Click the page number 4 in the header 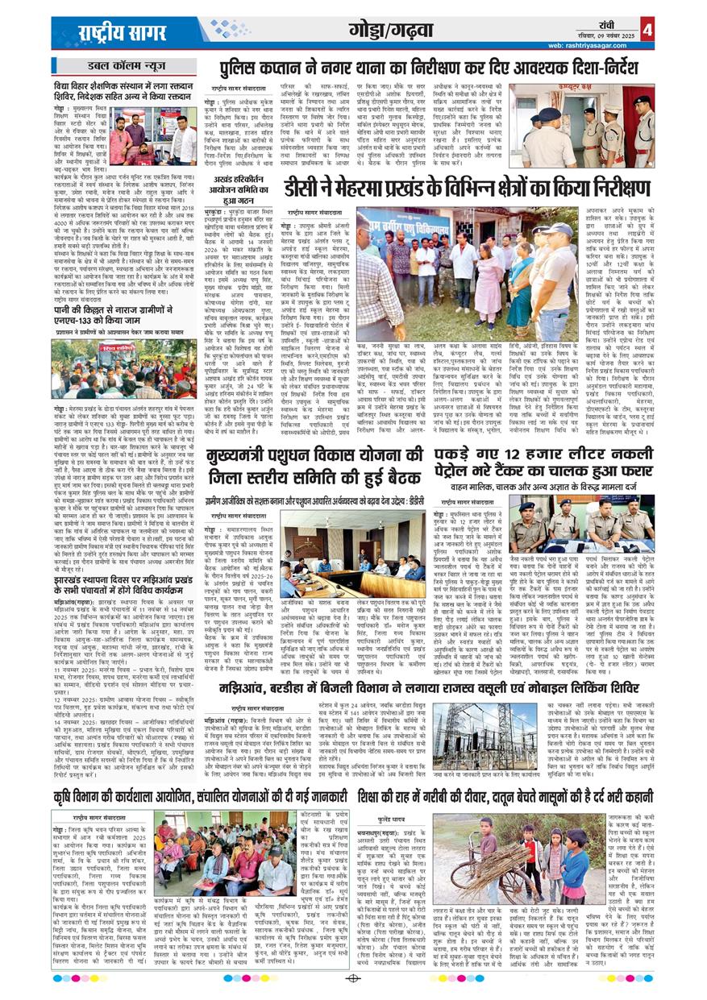pyautogui.click(x=648, y=30)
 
